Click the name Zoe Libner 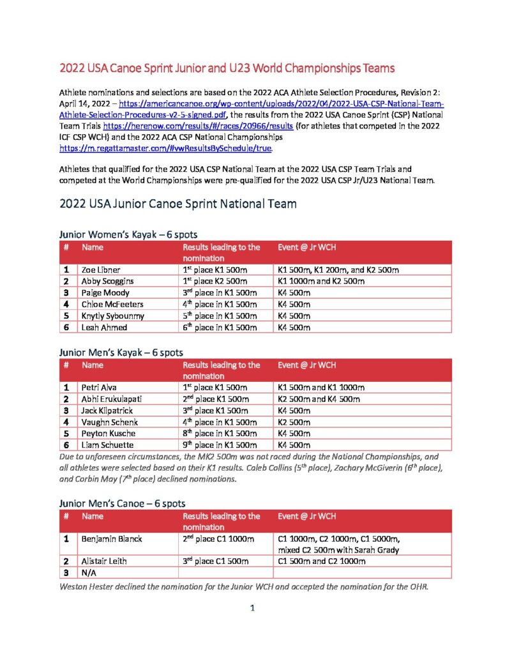[100, 270]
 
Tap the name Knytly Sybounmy [112, 316]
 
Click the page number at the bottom [252, 608]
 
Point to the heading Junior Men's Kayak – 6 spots [121, 352]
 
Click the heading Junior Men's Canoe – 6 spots [122, 503]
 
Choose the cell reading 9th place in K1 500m [220, 445]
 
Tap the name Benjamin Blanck [111, 538]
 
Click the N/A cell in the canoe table [89, 572]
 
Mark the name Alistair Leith [104, 561]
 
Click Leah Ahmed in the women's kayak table [103, 328]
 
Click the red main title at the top [227, 67]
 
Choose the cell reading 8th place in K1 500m [220, 434]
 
